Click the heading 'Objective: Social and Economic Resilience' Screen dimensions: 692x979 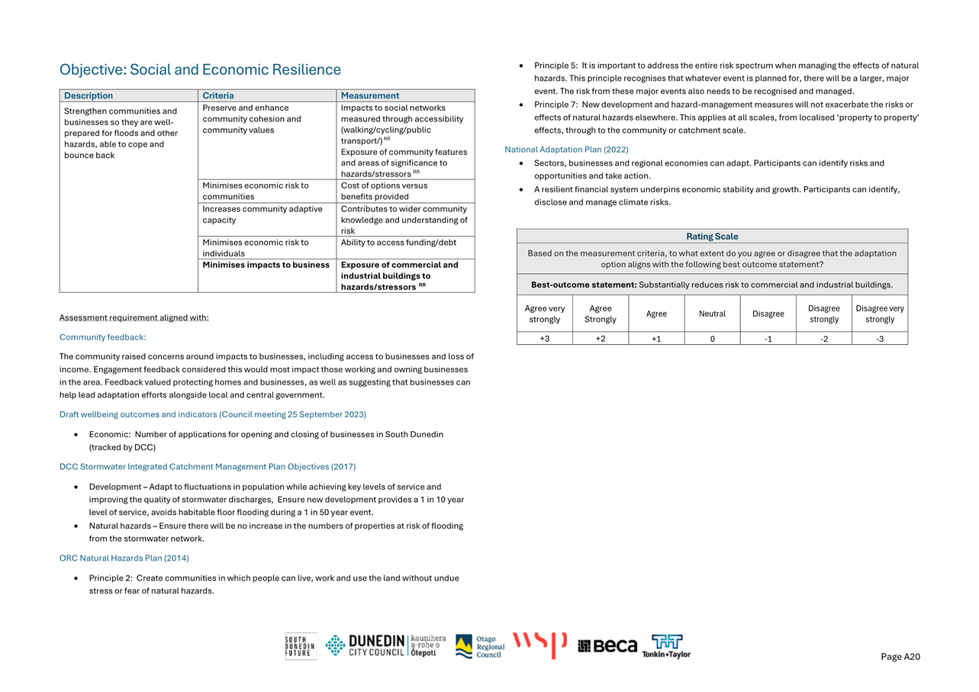[200, 70]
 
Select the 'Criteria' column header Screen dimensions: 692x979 [218, 96]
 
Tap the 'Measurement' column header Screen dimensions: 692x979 [369, 96]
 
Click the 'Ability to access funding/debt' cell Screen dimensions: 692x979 [394, 243]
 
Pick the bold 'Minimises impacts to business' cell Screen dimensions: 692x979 [266, 266]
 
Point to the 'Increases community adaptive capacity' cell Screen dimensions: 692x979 [262, 214]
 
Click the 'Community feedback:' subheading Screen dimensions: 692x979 [102, 337]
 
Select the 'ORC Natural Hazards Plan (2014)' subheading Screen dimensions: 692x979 [124, 558]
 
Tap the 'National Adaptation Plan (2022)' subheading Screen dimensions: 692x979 [566, 150]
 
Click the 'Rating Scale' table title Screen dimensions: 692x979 [712, 237]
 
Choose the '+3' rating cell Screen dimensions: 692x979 [544, 339]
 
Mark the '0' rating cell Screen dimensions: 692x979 [712, 339]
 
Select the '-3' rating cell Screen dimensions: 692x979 [879, 339]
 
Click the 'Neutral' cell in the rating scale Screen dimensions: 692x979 [712, 314]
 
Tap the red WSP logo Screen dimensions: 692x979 [540, 645]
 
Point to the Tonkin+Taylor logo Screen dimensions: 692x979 [666, 646]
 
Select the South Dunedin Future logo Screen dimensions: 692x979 [300, 646]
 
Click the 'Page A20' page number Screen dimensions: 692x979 [900, 657]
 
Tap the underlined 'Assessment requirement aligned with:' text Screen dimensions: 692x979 [134, 318]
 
